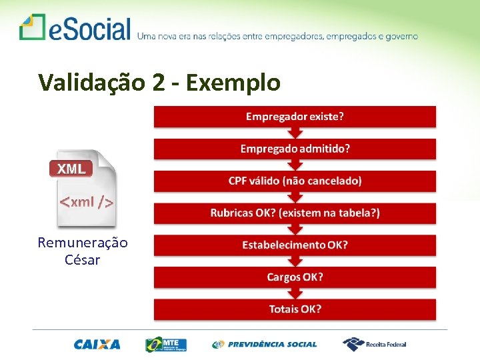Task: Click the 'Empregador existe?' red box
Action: (295, 117)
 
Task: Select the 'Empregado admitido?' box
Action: (295, 149)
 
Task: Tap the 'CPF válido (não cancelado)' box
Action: (295, 181)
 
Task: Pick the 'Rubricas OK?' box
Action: (295, 213)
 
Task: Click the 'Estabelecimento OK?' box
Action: (295, 245)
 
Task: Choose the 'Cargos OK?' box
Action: (295, 277)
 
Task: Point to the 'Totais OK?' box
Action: (295, 309)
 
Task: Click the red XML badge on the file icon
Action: (71, 169)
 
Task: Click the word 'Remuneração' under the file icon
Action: (83, 243)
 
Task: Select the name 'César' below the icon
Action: (83, 260)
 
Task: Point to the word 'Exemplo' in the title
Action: (233, 82)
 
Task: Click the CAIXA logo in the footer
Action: (97, 345)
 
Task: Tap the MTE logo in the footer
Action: (167, 345)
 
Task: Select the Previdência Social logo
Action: (265, 345)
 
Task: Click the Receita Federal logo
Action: (375, 345)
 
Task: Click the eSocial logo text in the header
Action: (89, 29)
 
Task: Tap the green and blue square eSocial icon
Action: (31, 27)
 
